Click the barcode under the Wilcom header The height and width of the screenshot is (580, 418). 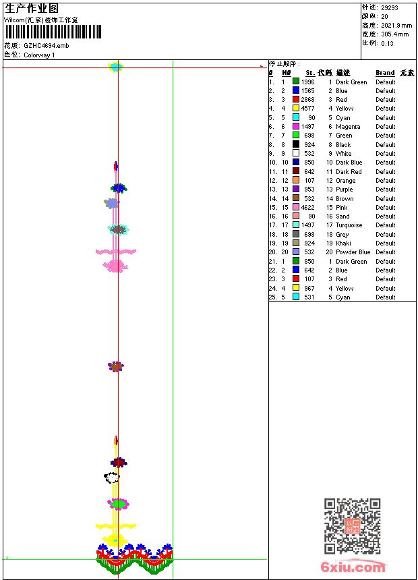[x=53, y=32]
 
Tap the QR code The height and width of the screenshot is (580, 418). [x=352, y=526]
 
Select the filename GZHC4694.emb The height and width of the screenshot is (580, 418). [x=46, y=45]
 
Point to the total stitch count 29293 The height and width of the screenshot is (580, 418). [x=390, y=7]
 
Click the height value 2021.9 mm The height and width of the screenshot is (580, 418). [x=396, y=25]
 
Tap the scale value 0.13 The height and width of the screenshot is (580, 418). [x=387, y=42]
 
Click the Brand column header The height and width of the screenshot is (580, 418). [x=385, y=73]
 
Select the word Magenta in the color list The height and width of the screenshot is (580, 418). [x=348, y=127]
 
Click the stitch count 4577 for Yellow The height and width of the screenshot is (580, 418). [x=307, y=109]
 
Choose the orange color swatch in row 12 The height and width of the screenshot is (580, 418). [x=296, y=181]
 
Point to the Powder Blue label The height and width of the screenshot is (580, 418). [x=353, y=252]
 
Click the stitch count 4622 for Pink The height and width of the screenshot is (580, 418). [x=307, y=208]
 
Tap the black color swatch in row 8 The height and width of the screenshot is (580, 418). [x=296, y=144]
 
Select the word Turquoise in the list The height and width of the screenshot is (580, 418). [x=349, y=225]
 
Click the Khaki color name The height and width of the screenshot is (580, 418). [x=343, y=243]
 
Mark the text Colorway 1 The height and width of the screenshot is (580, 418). [x=39, y=55]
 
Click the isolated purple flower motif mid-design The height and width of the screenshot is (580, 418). [x=116, y=366]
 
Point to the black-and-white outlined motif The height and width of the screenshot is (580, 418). [x=112, y=477]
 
